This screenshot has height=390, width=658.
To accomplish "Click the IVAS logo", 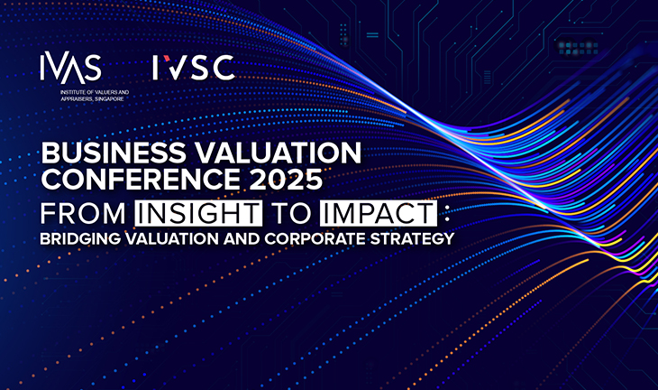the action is coord(71,68).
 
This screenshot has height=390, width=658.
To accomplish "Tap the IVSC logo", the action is coord(194,68).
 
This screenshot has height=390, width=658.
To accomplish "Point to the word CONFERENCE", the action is coord(141,180).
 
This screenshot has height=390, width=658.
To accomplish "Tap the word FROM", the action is coord(83,213).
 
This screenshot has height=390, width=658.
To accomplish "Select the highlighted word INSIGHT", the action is coord(198,213).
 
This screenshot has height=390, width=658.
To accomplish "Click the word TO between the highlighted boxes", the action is coord(291,213).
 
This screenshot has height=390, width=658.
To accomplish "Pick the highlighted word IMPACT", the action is coord(378,213).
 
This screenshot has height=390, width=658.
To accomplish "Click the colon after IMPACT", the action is coord(446,215).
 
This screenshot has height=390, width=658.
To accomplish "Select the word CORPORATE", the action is coord(315,239).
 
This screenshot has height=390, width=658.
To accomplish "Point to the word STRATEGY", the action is coord(412,239).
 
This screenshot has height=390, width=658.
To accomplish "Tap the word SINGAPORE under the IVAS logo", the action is coord(110,99).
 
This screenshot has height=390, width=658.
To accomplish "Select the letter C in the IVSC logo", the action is coord(224,68).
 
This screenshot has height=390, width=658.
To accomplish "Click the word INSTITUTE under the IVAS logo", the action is coord(72,92).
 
